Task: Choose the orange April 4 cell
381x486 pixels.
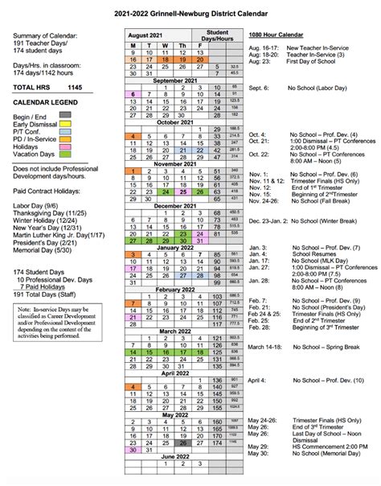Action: click(x=133, y=387)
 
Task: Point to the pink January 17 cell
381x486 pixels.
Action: click(x=133, y=269)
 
